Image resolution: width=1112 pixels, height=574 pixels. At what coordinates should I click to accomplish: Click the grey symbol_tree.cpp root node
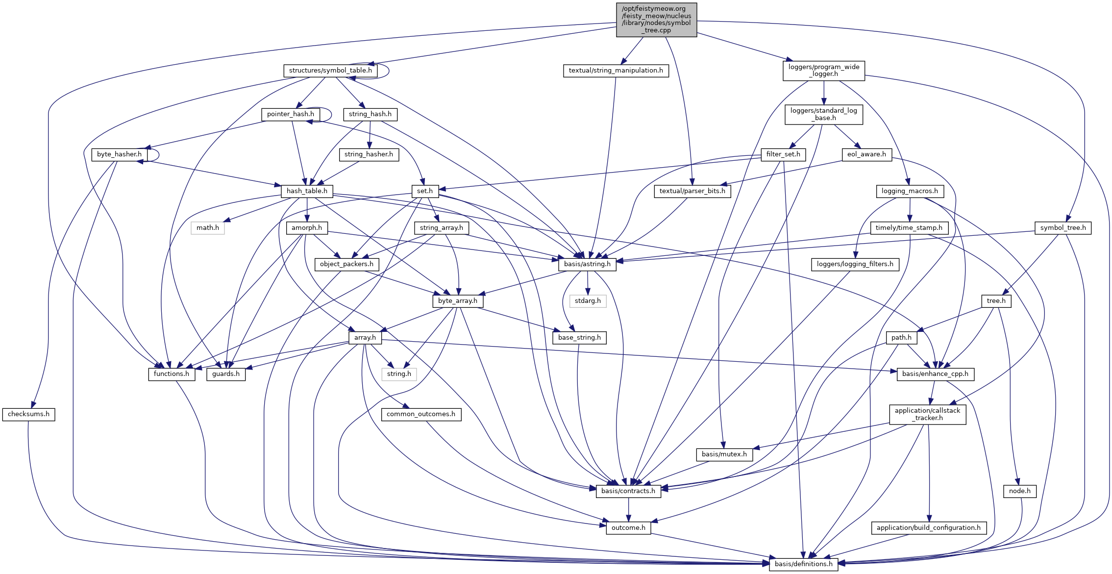656,20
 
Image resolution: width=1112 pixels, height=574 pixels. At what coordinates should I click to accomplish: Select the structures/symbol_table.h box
330,71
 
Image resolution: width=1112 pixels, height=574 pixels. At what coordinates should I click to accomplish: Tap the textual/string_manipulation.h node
616,71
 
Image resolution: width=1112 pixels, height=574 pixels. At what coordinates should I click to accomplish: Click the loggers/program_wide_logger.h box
823,71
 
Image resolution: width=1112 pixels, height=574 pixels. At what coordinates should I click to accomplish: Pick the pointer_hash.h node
291,114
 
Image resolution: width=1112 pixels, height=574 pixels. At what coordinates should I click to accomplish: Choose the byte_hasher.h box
119,154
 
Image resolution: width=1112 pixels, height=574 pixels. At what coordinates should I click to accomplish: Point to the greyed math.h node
208,228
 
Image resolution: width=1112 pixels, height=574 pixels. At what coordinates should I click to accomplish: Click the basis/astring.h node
587,264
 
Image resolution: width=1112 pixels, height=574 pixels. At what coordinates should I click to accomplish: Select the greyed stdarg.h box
588,301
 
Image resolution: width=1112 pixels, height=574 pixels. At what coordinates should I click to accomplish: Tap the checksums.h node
28,414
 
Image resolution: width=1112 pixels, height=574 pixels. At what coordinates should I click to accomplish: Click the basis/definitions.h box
803,564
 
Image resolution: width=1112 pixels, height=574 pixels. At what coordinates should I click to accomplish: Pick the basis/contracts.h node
628,491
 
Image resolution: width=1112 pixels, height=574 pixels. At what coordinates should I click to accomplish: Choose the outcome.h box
628,528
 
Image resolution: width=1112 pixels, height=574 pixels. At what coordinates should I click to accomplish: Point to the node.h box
1019,491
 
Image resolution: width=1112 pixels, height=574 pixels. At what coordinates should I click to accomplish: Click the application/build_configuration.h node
928,528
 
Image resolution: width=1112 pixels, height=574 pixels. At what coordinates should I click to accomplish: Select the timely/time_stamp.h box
909,228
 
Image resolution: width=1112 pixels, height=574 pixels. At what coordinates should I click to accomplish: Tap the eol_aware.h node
866,154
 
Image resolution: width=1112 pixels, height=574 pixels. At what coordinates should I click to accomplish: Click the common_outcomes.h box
420,414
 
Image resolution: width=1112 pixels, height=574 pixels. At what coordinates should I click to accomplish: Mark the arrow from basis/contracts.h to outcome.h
628,510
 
